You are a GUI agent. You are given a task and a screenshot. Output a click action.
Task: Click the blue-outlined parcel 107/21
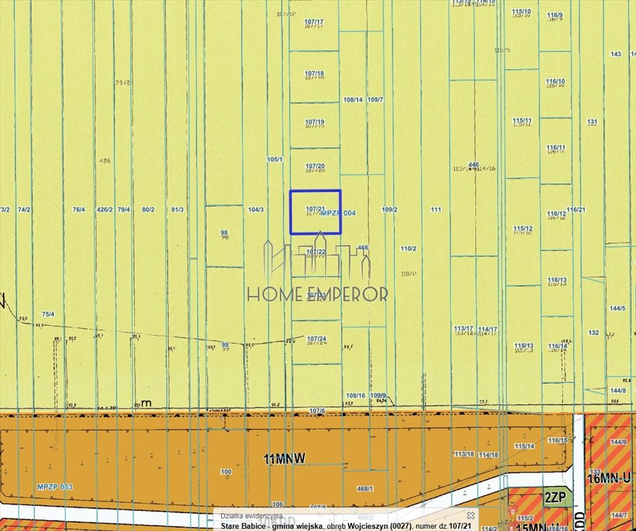[x=315, y=212]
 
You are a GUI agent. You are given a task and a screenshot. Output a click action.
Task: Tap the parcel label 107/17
[x=314, y=22]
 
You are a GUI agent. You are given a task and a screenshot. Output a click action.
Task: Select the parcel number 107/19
[x=315, y=122]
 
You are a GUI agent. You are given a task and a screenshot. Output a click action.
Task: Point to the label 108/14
[x=353, y=100]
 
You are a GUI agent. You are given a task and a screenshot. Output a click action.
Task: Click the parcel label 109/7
[x=375, y=100]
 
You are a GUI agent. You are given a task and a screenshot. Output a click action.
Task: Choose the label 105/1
[x=274, y=159]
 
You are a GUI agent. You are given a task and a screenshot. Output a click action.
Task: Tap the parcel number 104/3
[x=256, y=209]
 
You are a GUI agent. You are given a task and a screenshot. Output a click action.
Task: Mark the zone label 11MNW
[x=284, y=458]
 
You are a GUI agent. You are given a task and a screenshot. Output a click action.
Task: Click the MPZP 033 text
[x=55, y=487]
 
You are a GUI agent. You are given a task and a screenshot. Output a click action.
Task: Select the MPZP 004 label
[x=338, y=213]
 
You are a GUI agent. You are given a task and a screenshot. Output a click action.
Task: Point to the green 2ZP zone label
[x=553, y=497]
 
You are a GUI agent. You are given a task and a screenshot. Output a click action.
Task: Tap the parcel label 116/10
[x=556, y=82]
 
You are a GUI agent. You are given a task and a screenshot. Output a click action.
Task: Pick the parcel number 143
[x=616, y=54]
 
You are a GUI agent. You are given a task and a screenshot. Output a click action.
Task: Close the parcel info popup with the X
[x=470, y=515]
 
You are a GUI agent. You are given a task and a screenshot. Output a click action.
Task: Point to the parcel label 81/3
[x=177, y=209]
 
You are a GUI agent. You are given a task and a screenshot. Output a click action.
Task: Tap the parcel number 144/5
[x=617, y=308]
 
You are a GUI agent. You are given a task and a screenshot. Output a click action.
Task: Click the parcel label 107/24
[x=316, y=338]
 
